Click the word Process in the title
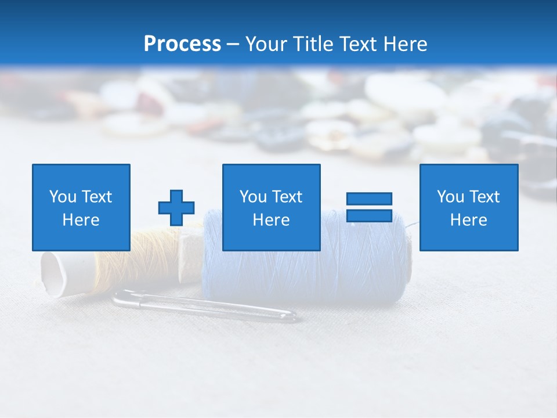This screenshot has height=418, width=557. (182, 44)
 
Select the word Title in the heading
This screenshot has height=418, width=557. (312, 44)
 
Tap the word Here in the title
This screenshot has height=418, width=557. (406, 44)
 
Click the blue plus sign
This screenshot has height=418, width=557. (176, 207)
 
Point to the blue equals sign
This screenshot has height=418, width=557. (369, 207)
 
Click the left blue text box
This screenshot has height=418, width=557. (81, 207)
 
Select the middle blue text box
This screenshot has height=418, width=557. (271, 207)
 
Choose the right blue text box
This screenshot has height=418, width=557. (469, 207)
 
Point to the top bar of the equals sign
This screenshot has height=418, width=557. (369, 199)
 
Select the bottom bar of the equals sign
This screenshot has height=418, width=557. (369, 216)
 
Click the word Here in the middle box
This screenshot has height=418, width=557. (271, 220)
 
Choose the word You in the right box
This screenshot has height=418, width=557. (450, 197)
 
